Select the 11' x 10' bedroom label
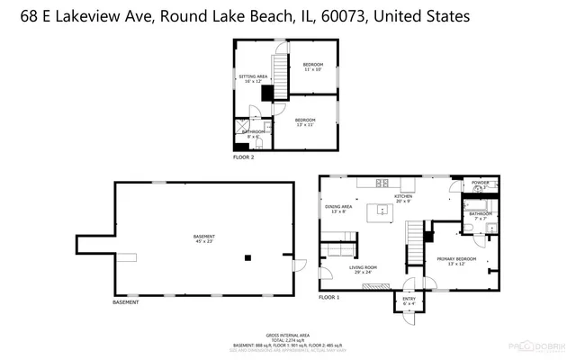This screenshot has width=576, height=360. [312, 67]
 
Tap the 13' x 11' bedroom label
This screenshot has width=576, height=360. [305, 122]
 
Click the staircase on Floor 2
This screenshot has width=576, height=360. [279, 76]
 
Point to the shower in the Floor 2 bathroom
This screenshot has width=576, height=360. [240, 125]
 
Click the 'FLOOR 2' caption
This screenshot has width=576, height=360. [243, 157]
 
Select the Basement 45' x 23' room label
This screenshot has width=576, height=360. [204, 238]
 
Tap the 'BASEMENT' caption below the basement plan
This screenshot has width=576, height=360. [126, 301]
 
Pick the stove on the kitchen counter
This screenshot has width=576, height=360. [383, 182]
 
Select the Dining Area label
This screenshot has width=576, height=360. [338, 210]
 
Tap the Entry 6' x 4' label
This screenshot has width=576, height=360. [409, 301]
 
